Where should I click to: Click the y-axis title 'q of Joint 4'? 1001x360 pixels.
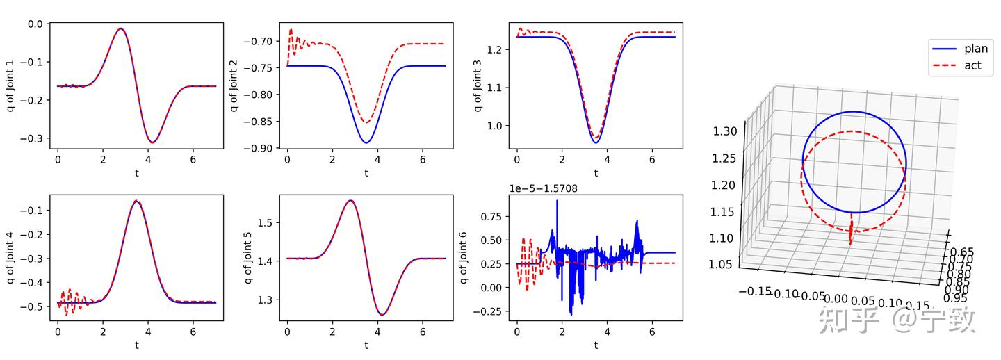(11, 257)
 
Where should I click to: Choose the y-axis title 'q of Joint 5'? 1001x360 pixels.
(248, 257)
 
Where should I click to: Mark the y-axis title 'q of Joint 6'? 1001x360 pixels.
(464, 257)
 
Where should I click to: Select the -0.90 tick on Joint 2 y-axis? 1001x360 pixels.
(258, 148)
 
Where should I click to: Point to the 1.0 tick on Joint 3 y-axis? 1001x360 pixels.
(497, 126)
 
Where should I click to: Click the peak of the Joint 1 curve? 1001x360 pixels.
(121, 29)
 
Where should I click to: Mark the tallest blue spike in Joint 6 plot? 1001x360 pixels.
(557, 201)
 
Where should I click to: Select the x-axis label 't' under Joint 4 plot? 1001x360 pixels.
(137, 345)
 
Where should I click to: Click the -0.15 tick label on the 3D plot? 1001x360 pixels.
(755, 291)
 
